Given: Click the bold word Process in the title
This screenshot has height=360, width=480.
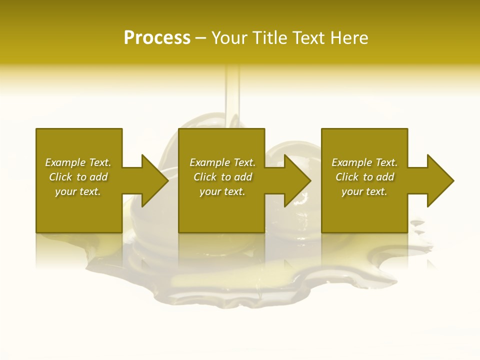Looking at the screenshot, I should click(157, 38).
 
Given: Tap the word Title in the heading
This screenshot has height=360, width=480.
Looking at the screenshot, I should click(269, 38).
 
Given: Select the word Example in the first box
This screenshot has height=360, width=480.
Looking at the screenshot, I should click(65, 162).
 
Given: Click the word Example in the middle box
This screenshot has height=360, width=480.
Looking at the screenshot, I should click(209, 162).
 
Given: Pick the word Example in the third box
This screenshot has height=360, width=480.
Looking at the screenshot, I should click(351, 162).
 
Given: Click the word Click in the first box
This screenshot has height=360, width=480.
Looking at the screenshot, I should click(60, 177).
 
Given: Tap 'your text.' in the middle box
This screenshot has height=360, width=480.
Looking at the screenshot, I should click(222, 191).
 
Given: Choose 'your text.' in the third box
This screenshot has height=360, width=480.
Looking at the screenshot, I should click(364, 191).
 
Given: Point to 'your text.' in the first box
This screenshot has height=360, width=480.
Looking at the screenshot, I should click(78, 191).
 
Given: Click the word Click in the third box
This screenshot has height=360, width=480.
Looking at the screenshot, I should click(347, 177).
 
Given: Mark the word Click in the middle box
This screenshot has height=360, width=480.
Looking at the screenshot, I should click(205, 177).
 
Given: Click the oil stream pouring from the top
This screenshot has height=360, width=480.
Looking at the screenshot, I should click(232, 95).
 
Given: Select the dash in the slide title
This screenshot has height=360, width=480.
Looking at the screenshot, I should click(200, 38).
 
